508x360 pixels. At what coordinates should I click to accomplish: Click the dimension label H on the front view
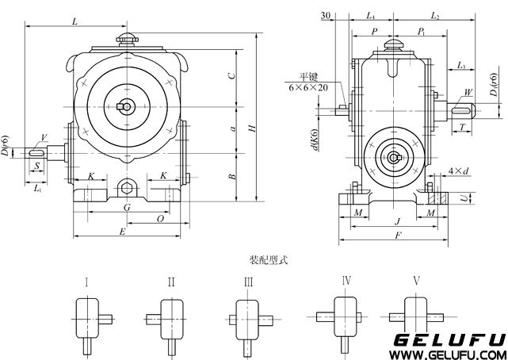click(x=251, y=128)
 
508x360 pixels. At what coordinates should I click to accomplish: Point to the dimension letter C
click(x=230, y=76)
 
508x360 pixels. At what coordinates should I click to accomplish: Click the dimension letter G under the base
click(x=127, y=207)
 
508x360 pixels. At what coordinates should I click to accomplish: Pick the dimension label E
click(x=121, y=231)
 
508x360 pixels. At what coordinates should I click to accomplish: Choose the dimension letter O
click(x=161, y=217)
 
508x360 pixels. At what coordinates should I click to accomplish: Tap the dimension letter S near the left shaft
click(x=36, y=166)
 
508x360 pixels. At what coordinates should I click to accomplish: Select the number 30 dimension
click(x=327, y=15)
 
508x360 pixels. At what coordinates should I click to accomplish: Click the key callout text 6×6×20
click(x=308, y=87)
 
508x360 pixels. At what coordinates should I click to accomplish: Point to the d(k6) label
click(x=315, y=141)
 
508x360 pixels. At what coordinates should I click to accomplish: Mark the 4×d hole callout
click(x=458, y=170)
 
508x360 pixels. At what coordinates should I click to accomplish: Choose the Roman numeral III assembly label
click(x=248, y=281)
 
